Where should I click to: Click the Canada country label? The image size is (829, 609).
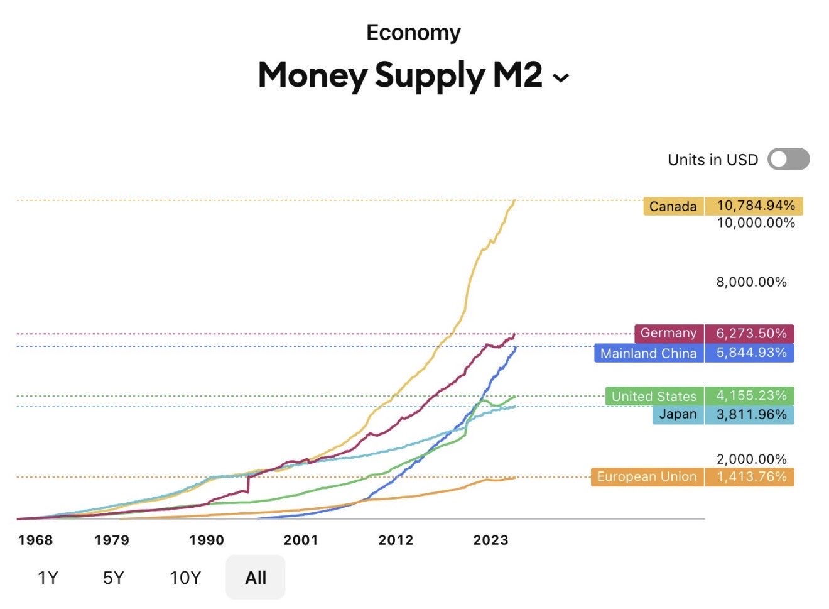[673, 206]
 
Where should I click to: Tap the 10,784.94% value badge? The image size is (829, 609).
[754, 206]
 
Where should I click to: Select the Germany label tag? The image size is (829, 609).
[668, 333]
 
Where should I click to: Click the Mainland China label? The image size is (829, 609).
[648, 353]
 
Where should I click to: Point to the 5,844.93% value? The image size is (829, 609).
[750, 353]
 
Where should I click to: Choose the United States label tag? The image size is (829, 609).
[654, 396]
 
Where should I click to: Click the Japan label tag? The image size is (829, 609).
[678, 414]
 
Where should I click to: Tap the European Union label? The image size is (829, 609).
[646, 477]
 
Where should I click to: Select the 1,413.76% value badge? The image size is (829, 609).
[750, 477]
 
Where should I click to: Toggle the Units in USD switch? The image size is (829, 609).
[788, 160]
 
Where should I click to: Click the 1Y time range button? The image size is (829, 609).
[48, 578]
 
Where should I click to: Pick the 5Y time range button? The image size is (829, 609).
[114, 578]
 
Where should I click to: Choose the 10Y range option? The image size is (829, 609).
[185, 578]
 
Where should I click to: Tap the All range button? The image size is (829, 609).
[256, 578]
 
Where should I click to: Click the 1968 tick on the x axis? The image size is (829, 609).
[36, 540]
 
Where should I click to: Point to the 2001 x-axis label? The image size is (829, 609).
[301, 540]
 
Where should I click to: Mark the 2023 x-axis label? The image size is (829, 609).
[490, 540]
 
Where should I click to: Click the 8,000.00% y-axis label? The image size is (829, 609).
[751, 282]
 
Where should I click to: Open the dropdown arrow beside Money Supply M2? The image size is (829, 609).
[560, 78]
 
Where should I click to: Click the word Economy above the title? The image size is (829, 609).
[413, 33]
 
